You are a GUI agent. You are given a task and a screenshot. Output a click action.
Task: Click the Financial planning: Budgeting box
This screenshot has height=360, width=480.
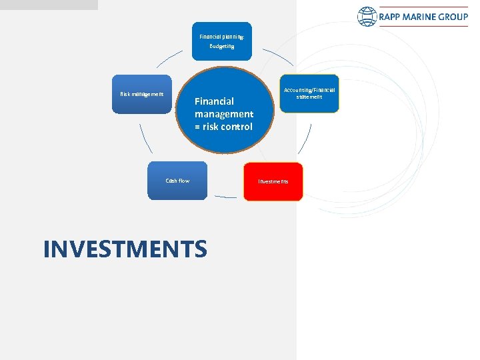point(222,41)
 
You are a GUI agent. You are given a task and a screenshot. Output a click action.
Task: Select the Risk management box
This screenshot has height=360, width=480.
point(141,94)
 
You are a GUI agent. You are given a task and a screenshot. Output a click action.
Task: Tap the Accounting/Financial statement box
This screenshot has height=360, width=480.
point(309,93)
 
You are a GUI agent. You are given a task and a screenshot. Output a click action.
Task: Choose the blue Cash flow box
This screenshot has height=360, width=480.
point(177,181)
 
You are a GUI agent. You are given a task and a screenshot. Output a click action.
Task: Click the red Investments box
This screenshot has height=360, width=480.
point(273,181)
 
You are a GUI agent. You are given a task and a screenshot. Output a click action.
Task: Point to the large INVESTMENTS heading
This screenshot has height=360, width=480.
point(125,249)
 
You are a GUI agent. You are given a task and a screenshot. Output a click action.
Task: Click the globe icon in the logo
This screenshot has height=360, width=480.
point(367,17)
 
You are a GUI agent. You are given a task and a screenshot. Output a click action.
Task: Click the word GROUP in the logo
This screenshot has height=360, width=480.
point(453,17)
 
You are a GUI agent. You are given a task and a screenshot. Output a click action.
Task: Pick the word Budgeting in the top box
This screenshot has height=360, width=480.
point(222,47)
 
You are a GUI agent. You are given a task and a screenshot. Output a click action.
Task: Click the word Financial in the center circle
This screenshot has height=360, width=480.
point(214,101)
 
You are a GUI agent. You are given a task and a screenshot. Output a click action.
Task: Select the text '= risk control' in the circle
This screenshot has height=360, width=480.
point(223,127)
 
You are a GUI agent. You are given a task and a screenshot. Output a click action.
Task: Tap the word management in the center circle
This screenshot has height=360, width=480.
point(224,114)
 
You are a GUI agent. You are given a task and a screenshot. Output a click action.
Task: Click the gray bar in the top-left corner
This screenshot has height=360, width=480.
point(49,5)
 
